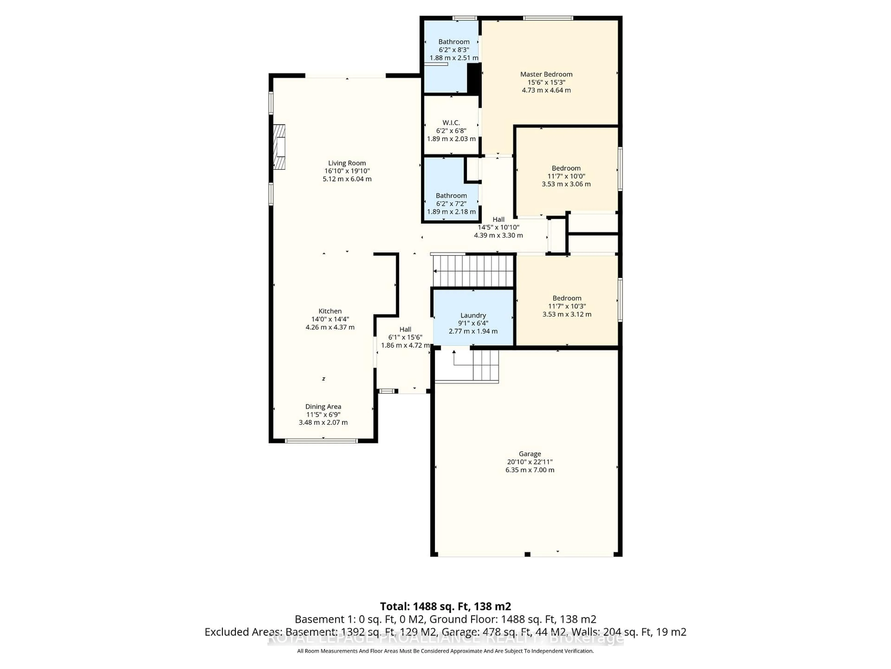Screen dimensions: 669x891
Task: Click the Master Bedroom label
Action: click(546, 74)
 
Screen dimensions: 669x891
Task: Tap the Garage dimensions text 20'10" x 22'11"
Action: click(530, 462)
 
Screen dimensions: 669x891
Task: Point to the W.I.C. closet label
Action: click(451, 123)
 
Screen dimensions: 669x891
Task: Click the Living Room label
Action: click(347, 163)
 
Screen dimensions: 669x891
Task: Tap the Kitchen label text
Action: click(330, 311)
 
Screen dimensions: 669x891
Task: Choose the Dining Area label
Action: click(323, 407)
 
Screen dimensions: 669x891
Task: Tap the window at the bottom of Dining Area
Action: click(321, 441)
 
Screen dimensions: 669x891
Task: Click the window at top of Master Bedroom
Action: click(548, 18)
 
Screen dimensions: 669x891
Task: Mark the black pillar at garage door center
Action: click(527, 554)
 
